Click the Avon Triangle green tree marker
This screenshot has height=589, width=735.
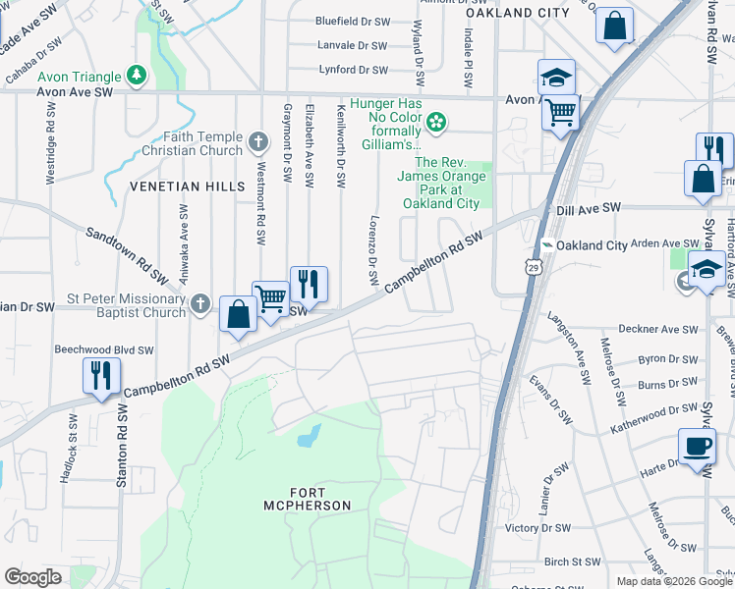point(137,76)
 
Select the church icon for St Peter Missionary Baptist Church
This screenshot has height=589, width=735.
point(200,303)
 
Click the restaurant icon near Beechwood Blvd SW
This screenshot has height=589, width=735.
point(102,376)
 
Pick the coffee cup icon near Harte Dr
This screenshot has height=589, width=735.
point(698,447)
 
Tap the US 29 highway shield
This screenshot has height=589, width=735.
point(532,267)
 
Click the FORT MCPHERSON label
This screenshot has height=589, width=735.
point(307,498)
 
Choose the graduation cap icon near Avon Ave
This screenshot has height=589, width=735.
point(556,79)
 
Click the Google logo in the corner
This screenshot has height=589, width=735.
point(32,577)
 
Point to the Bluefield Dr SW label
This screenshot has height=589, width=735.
point(352,20)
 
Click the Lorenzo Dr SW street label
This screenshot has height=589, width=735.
point(374,249)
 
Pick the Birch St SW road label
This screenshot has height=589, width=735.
point(570,562)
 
